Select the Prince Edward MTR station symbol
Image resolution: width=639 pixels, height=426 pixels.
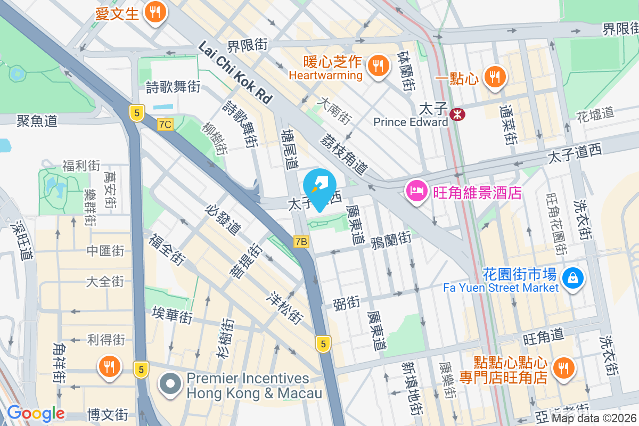coord(456,114)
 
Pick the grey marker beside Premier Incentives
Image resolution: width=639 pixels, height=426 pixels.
coord(170,384)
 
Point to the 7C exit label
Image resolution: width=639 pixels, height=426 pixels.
coord(166,125)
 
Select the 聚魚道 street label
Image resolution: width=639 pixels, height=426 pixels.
coord(37,121)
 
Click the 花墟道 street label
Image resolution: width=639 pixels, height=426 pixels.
coord(595,113)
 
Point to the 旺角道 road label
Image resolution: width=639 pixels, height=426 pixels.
coord(543,337)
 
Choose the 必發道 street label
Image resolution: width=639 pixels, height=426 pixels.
coord(223,219)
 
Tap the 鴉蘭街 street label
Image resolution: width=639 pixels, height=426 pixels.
coord(391,238)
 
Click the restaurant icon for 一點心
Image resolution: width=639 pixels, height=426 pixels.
coord(495,78)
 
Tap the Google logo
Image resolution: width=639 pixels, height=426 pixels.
coord(36,413)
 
